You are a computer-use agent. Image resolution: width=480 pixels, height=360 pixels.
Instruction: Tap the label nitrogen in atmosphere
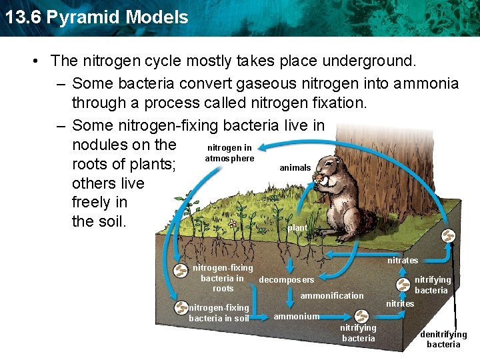pos(229,153)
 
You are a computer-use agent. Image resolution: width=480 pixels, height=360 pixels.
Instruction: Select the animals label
pos(295,168)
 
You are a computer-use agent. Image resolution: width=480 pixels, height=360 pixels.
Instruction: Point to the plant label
pos(297,228)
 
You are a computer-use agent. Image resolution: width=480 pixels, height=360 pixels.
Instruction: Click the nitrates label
pos(403,260)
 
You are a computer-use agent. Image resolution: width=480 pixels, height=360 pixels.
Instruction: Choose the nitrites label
pos(400,303)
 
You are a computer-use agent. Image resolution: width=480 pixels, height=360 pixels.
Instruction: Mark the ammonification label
pos(332,295)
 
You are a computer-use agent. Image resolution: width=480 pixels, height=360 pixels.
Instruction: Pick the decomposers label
pos(286,280)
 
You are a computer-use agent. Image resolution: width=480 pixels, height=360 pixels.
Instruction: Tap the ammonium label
pos(296,316)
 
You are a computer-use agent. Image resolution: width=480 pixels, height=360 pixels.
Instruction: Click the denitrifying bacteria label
pos(443,339)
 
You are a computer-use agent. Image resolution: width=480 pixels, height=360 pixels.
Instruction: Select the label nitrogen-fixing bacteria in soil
pos(219,313)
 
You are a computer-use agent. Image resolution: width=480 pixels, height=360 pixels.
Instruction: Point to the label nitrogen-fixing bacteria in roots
pos(223,278)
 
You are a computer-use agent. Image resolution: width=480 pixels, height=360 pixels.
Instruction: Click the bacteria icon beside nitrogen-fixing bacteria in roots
pos(181,271)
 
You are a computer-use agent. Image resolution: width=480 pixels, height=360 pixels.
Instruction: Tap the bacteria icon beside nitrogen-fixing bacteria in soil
pos(181,307)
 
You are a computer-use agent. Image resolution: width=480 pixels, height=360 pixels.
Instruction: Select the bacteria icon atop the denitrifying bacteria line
pos(449,237)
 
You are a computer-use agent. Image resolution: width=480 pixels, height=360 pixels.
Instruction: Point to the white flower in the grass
pos(231,224)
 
